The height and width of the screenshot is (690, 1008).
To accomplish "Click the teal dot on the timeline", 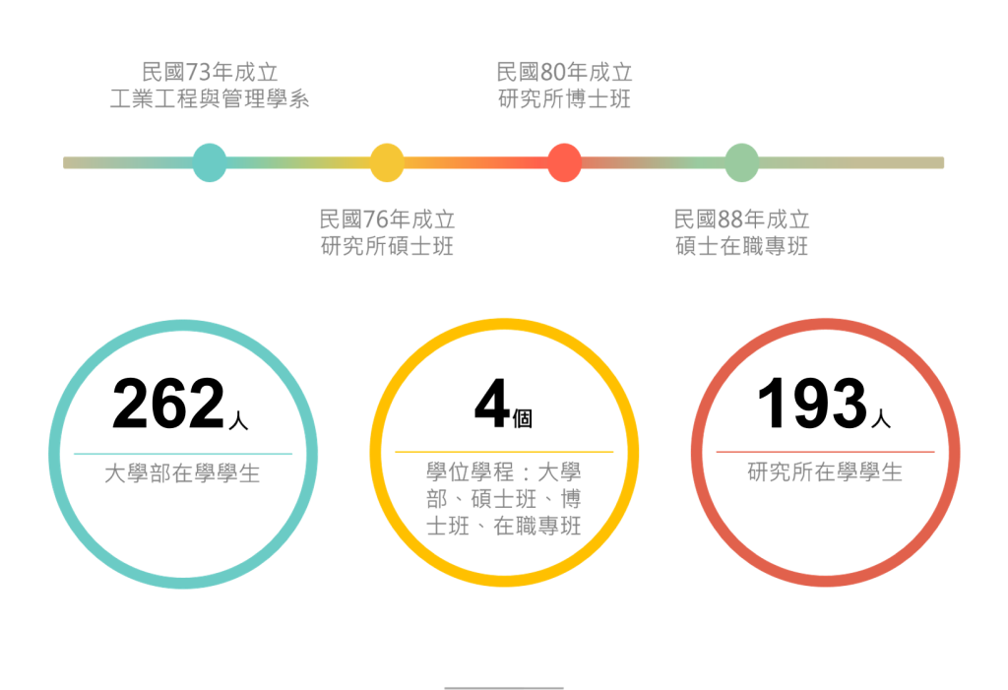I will pyautogui.click(x=209, y=162).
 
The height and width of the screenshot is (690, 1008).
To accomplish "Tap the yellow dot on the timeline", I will pyautogui.click(x=387, y=162).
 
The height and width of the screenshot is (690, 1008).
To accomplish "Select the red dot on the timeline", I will pyautogui.click(x=564, y=162).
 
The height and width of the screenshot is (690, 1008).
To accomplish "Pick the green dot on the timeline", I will pyautogui.click(x=741, y=162).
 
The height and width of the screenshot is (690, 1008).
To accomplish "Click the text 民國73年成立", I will pyautogui.click(x=210, y=72).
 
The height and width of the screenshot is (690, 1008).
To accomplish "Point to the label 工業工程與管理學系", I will pyautogui.click(x=210, y=99).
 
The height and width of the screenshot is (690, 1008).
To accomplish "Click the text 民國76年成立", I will pyautogui.click(x=387, y=219).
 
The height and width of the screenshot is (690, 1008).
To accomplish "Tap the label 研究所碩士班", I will pyautogui.click(x=387, y=246).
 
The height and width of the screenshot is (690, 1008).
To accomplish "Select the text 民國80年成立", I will pyautogui.click(x=564, y=72).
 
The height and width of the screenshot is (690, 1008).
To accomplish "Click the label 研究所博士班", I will pyautogui.click(x=564, y=99).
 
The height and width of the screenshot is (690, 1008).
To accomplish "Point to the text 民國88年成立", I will pyautogui.click(x=741, y=219).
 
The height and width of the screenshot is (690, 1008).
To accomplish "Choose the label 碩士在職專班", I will pyautogui.click(x=741, y=246).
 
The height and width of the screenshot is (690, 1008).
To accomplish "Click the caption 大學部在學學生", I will pyautogui.click(x=183, y=473).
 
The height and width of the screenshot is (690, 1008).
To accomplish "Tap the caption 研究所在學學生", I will pyautogui.click(x=825, y=473).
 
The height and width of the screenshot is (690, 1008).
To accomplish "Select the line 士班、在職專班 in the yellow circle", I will pyautogui.click(x=503, y=526).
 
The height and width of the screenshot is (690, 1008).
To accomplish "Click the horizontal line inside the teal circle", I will pyautogui.click(x=183, y=454).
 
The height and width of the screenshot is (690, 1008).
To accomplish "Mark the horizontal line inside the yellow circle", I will pyautogui.click(x=504, y=451).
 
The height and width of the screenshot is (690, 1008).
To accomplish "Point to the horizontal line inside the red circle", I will pyautogui.click(x=825, y=451).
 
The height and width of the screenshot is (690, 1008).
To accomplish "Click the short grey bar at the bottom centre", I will pyautogui.click(x=504, y=687).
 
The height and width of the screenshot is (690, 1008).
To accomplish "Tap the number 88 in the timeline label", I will pyautogui.click(x=730, y=219).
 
